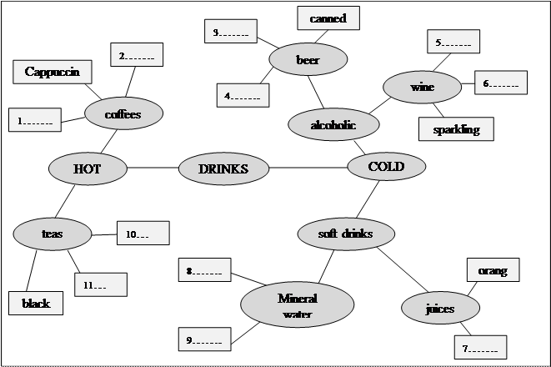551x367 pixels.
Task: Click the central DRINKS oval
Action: coord(224,168)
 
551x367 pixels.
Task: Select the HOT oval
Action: coord(87,168)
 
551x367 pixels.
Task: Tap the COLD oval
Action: coord(386,167)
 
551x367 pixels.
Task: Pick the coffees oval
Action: coord(123,114)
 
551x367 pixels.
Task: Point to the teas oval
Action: coord(53,234)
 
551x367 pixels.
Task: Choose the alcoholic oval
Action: coord(333,125)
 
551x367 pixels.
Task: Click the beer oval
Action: coord(308,60)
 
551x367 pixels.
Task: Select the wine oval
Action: coord(422,86)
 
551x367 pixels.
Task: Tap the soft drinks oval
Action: coord(345,234)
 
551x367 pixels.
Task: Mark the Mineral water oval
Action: coord(298,304)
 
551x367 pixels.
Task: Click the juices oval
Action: coord(440,309)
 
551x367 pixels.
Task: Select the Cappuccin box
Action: coord(52,72)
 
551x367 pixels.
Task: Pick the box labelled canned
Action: coord(328,18)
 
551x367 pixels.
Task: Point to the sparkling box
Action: coord(456,129)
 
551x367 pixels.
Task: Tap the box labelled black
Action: coord(36,303)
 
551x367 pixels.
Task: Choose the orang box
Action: coord(493,270)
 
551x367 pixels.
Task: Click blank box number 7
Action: coord(479,347)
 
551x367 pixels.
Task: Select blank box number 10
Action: coord(143,233)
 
